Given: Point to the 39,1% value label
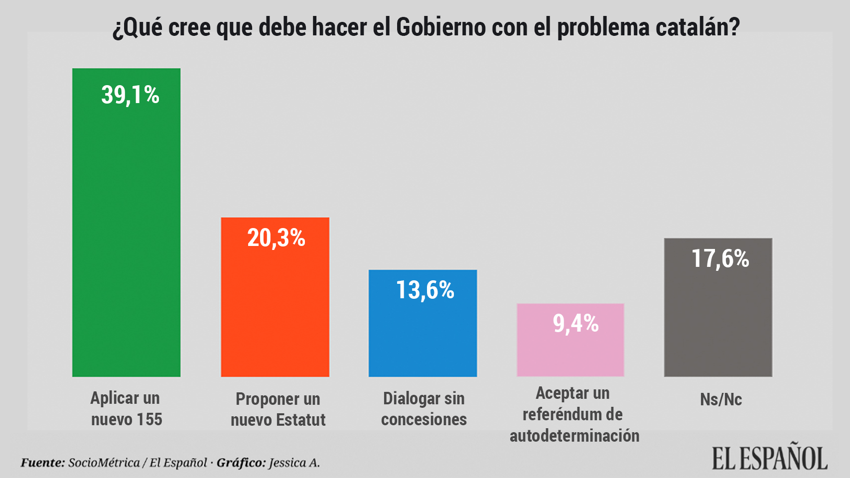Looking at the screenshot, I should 130,95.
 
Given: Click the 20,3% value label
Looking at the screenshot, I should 276,238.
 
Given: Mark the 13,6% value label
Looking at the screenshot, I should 425,290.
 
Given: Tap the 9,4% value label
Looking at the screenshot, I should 575,324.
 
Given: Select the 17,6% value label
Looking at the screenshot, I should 720,259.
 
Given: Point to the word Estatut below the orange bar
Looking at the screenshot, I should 302,420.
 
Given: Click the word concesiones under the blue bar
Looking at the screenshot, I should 424,419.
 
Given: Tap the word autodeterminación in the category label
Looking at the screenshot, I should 574,436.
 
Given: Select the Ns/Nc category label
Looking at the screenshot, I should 720,399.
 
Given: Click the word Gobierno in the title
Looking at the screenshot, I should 440,27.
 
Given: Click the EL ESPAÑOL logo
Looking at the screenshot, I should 769,458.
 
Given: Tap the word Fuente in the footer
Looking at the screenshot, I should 42,463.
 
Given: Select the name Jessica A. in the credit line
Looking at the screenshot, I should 294,463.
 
